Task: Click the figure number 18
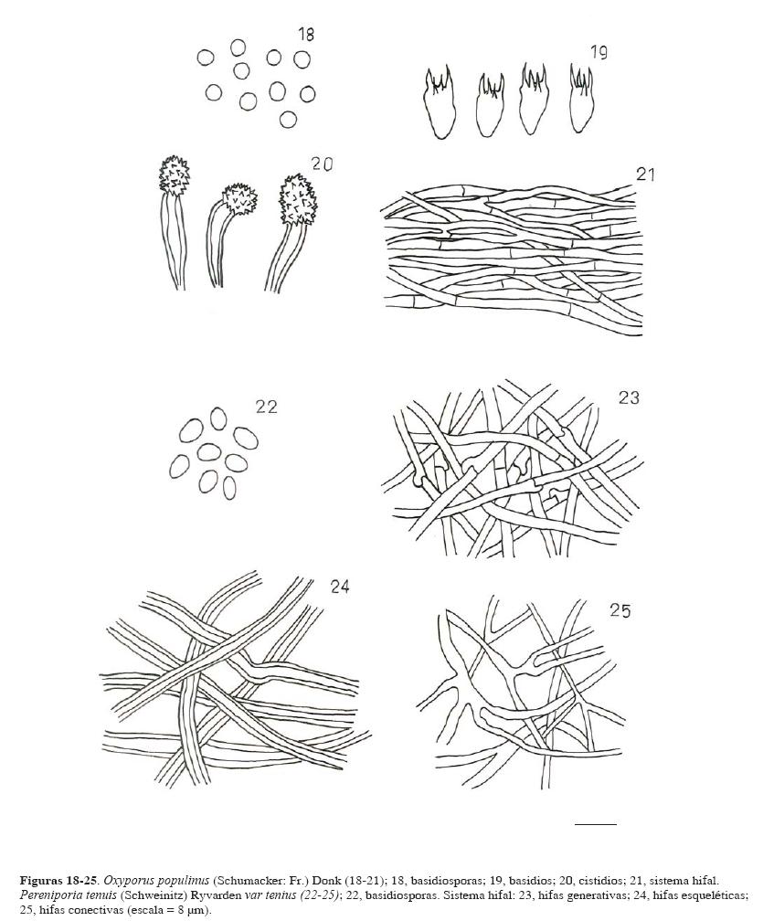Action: pos(306,34)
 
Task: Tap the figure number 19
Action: pos(599,53)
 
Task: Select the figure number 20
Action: pos(322,164)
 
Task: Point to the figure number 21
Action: pos(646,174)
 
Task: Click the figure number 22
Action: pos(266,408)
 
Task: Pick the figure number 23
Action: pos(629,398)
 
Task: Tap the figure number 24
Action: pos(340,588)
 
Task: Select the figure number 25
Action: pos(620,611)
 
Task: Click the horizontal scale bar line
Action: pos(596,824)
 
